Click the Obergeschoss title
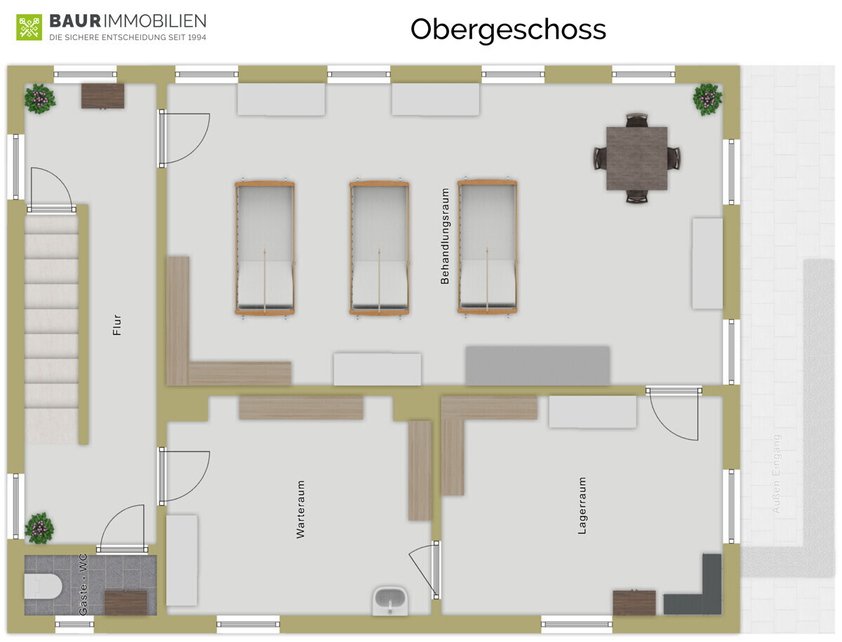click(508, 30)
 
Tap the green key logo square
click(29, 27)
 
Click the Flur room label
click(117, 325)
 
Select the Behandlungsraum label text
click(445, 236)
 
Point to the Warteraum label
click(300, 509)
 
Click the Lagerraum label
click(582, 505)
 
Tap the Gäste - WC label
click(83, 584)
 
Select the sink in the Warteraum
click(390, 600)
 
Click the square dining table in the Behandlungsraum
click(637, 158)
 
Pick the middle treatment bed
click(379, 248)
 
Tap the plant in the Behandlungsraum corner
click(707, 99)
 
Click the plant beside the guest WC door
click(39, 528)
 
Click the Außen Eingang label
click(776, 474)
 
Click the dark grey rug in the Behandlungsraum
click(537, 366)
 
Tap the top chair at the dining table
click(637, 120)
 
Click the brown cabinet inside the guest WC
click(126, 603)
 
